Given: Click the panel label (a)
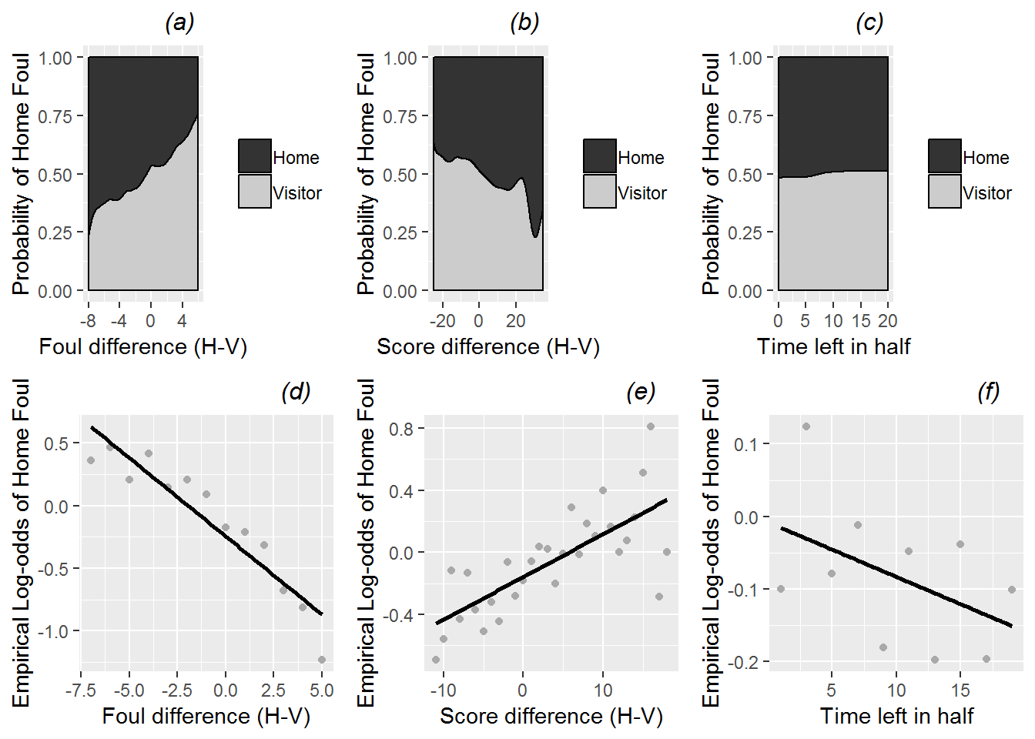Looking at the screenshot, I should pyautogui.click(x=179, y=23).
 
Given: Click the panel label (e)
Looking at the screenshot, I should pyautogui.click(x=640, y=392).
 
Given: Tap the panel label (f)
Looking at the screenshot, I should pyautogui.click(x=988, y=392).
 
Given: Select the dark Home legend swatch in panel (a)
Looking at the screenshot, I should pyautogui.click(x=255, y=156).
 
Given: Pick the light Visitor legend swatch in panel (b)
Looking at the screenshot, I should pyautogui.click(x=600, y=192).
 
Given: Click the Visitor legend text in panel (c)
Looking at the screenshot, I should pyautogui.click(x=986, y=193).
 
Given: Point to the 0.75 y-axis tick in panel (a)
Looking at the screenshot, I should pyautogui.click(x=55, y=116).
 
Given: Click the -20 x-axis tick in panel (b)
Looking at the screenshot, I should pyautogui.click(x=442, y=321).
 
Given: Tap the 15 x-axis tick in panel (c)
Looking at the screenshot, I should pyautogui.click(x=861, y=321).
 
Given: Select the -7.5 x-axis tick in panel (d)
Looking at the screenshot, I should pyautogui.click(x=81, y=691).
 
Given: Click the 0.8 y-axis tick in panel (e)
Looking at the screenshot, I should pyautogui.click(x=401, y=429).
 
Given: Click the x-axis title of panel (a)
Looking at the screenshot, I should pyautogui.click(x=143, y=346).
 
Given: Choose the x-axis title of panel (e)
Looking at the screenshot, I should pyautogui.click(x=551, y=716).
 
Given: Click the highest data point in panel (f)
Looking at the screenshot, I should pyautogui.click(x=806, y=426).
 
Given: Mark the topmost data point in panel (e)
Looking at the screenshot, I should pyautogui.click(x=651, y=426).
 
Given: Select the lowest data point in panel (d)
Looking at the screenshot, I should pyautogui.click(x=322, y=660).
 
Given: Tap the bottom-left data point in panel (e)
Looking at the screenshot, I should pyautogui.click(x=436, y=660).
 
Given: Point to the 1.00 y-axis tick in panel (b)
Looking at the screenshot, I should pyautogui.click(x=400, y=58).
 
